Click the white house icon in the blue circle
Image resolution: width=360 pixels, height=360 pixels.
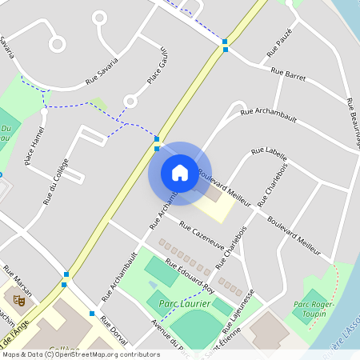pyautogui.click(x=179, y=172)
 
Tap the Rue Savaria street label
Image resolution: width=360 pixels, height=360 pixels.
pyautogui.click(x=102, y=70)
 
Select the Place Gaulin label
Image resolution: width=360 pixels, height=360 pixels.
pyautogui.click(x=157, y=65)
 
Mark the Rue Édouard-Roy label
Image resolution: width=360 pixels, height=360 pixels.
pyautogui.click(x=189, y=274)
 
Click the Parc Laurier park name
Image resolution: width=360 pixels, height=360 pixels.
pyautogui.click(x=184, y=304)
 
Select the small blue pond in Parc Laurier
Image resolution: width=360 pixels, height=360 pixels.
pyautogui.click(x=153, y=286)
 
